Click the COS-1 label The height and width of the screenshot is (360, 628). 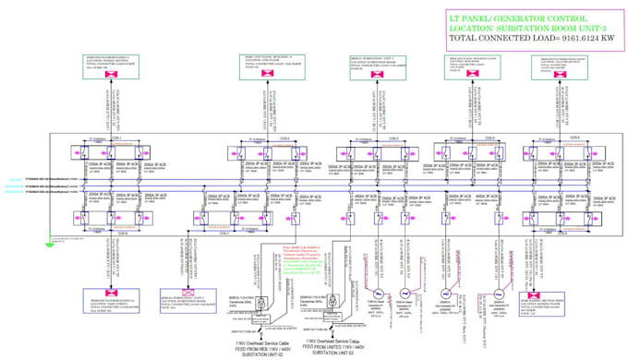pyautogui.click(x=117, y=138)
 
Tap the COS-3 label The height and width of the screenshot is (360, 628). pyautogui.click(x=393, y=138)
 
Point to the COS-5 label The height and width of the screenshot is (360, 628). pyautogui.click(x=574, y=138)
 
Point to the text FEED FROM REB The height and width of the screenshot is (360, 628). pyautogui.click(x=263, y=346)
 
